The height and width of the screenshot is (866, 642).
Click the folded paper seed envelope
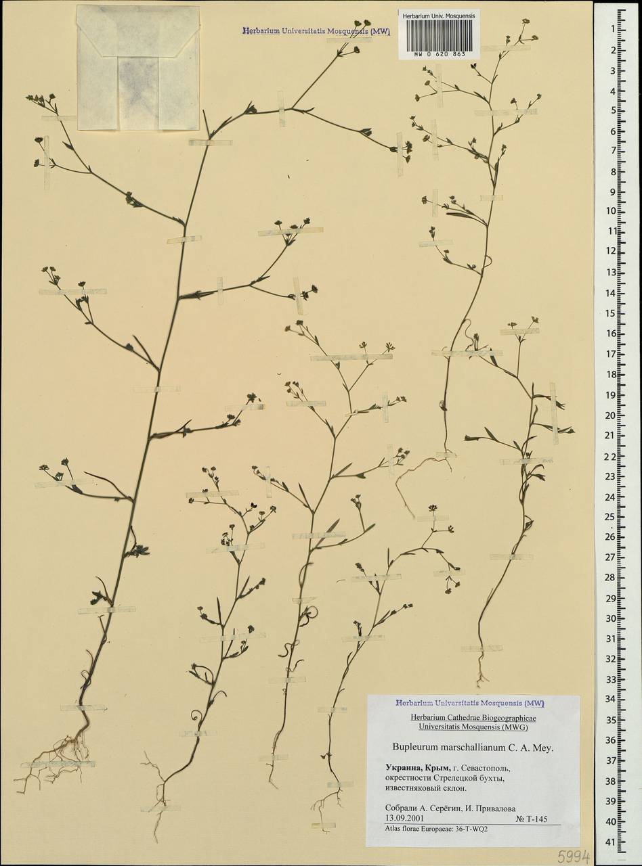point(139,68)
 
